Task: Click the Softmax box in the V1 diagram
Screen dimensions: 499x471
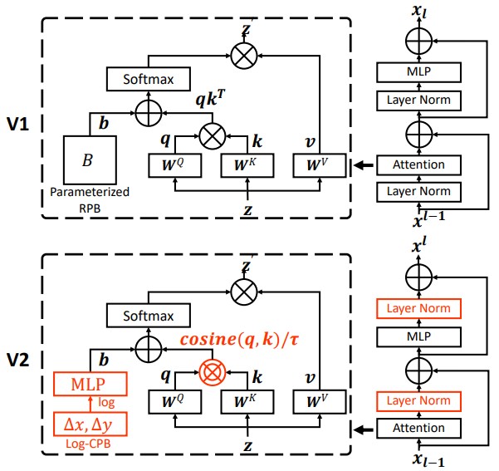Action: pos(149,79)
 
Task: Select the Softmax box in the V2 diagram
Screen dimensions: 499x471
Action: pos(149,316)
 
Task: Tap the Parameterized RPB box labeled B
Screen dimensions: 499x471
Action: pos(90,159)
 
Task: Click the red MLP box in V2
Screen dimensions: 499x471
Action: pos(90,384)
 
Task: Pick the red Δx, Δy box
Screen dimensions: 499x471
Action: pos(90,424)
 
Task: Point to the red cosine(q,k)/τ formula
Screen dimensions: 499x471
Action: pos(239,340)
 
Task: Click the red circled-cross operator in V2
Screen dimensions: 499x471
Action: pos(213,372)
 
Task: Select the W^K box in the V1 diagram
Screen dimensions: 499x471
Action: pos(247,165)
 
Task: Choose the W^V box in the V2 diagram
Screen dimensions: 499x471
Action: pos(319,402)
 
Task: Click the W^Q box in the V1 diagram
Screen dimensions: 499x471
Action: pos(174,165)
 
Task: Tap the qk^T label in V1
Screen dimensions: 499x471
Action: pos(210,98)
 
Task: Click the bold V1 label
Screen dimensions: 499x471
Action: pos(17,124)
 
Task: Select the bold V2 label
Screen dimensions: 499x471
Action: pos(17,360)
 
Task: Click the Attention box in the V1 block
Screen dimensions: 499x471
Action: pos(418,165)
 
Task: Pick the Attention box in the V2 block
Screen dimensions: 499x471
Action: pos(418,428)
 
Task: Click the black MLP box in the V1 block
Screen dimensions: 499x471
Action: pos(418,72)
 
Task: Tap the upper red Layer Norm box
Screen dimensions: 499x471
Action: pos(418,308)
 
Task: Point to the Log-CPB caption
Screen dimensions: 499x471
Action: pos(88,444)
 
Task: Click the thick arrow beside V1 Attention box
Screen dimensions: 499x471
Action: pos(364,165)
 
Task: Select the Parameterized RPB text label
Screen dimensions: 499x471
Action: pos(90,199)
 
